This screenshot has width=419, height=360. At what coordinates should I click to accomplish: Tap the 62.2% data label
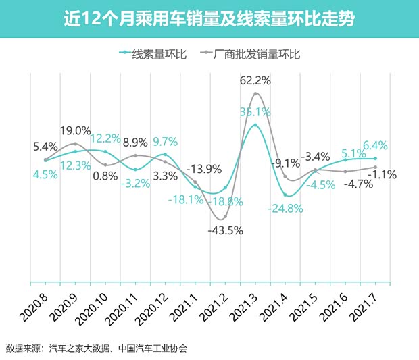255,81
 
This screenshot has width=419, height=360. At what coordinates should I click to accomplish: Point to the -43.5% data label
224,230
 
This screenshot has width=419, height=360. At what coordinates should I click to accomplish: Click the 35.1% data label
255,112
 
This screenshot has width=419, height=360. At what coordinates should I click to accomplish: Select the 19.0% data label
75,130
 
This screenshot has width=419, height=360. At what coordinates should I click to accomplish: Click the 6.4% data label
375,145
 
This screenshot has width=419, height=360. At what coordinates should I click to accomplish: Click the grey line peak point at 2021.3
255,93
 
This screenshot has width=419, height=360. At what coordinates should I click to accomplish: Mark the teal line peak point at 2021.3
255,126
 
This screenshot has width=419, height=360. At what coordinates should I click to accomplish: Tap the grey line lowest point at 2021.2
225,217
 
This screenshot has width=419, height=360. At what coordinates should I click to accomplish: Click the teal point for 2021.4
286,195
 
